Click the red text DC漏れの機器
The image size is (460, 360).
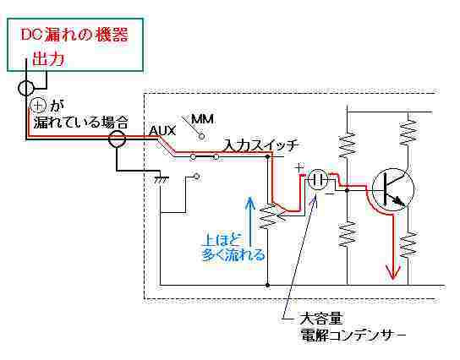point(74,35)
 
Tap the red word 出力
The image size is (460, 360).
point(48,59)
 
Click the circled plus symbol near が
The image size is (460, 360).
point(38,106)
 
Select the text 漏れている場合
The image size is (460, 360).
point(80,122)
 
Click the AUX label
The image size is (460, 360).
point(162,131)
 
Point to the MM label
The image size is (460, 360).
point(202,119)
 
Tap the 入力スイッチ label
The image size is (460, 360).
point(261,145)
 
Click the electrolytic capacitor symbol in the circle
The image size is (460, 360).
point(318,179)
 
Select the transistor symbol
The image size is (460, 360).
point(393,189)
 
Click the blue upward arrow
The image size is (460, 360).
point(250,221)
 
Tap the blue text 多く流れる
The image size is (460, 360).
point(234,254)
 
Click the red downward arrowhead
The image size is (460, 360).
point(393,272)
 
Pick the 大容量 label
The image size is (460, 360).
point(321,319)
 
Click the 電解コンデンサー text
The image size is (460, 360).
point(353,335)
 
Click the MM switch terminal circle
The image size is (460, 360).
point(201,136)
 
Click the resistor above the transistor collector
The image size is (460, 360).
point(408,130)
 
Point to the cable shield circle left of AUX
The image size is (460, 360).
point(117,139)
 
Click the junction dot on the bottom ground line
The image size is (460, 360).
point(267,285)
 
